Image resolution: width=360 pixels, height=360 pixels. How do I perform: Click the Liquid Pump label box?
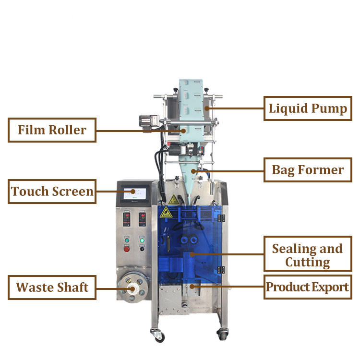click(x=308, y=108)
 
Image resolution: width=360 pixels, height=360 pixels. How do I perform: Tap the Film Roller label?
click(x=52, y=130)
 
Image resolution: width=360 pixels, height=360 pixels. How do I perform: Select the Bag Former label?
click(x=308, y=170)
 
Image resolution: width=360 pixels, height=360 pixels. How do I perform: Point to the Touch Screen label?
click(x=52, y=192)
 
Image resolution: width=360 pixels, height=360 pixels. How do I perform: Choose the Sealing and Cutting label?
click(x=308, y=255)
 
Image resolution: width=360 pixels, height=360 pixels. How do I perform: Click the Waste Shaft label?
click(x=52, y=288)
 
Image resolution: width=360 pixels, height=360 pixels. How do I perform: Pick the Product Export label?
click(x=308, y=288)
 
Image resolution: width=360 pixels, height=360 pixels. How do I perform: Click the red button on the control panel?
click(x=127, y=249)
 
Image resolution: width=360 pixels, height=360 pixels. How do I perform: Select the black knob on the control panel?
click(x=142, y=249)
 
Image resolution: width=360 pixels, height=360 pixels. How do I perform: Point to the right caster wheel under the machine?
click(x=222, y=333)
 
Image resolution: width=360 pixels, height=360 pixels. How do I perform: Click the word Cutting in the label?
click(x=308, y=263)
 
